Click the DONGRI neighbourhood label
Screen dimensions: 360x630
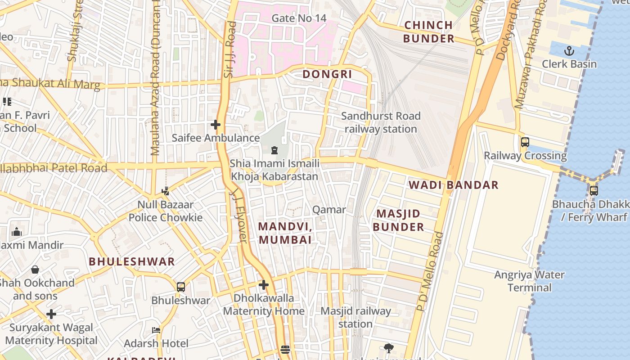[327, 74]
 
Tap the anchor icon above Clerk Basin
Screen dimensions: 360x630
[569, 50]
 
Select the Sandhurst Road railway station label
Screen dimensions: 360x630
[381, 122]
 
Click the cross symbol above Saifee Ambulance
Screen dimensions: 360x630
[216, 124]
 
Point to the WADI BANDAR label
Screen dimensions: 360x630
[453, 185]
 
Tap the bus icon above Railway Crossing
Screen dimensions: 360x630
[525, 142]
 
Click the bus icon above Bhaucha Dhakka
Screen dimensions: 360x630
[594, 190]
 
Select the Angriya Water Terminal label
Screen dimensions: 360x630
[529, 281]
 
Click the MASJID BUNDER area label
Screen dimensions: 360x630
[398, 220]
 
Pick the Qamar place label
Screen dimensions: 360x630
[329, 210]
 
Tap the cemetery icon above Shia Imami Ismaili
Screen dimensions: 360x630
[274, 150]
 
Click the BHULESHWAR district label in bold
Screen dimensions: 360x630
[131, 261]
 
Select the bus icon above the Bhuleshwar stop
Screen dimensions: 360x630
[180, 287]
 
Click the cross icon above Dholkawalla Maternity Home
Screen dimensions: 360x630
[264, 285]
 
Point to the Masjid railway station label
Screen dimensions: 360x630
[355, 317]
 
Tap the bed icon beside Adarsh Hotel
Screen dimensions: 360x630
[156, 330]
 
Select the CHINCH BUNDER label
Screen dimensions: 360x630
[428, 31]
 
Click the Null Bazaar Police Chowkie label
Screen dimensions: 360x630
[166, 211]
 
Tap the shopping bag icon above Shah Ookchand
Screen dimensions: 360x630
[35, 270]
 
